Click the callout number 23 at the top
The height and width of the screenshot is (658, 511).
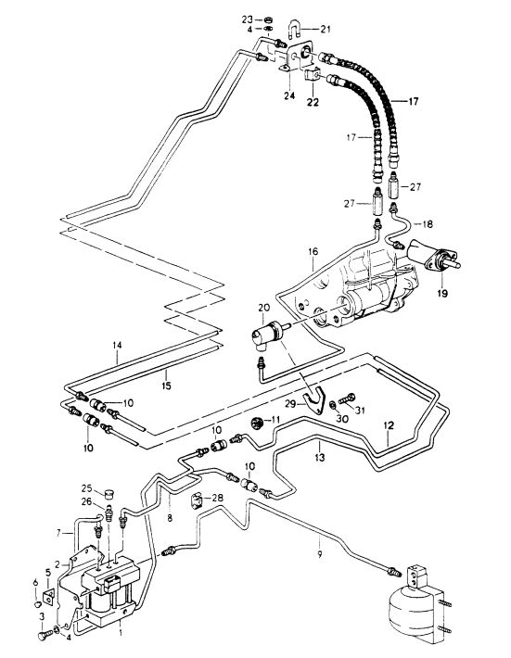point(248,19)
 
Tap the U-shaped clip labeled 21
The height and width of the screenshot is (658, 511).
point(294,31)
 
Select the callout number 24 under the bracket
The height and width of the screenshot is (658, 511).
point(288,95)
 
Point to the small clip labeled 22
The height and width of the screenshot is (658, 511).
point(312,76)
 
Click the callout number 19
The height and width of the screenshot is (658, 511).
point(441,294)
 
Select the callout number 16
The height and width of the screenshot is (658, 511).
point(313,252)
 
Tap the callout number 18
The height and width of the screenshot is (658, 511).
point(427,224)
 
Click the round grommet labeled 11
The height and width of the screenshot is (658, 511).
point(257,423)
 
